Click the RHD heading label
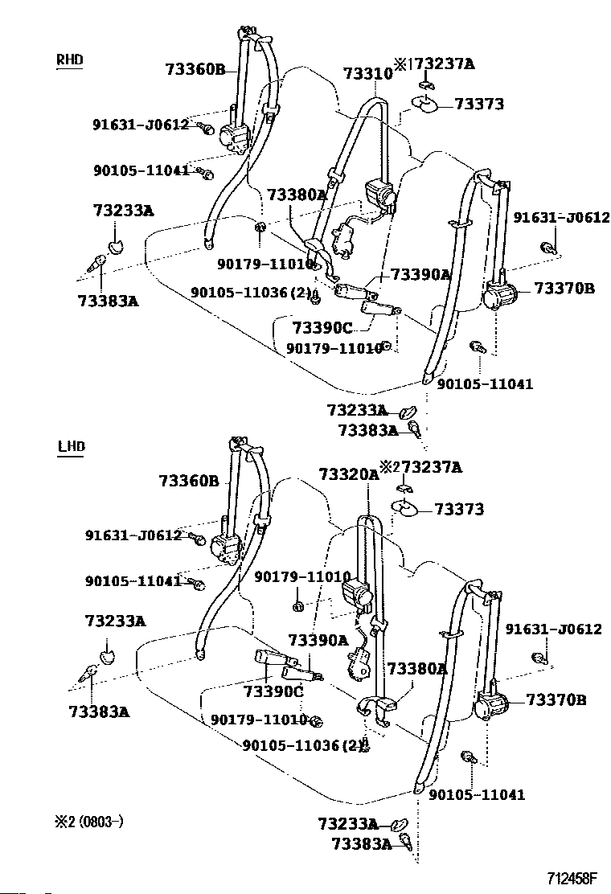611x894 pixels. click(x=70, y=59)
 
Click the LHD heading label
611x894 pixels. click(x=71, y=446)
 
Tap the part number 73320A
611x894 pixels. click(x=348, y=474)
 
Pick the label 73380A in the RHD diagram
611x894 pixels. click(x=297, y=195)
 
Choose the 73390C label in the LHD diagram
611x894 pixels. click(x=273, y=691)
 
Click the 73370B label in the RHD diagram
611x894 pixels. click(x=564, y=289)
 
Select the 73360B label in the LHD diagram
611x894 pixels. click(x=189, y=481)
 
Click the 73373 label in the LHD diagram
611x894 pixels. click(x=459, y=509)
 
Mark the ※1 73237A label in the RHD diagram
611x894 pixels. click(x=434, y=64)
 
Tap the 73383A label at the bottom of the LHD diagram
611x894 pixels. click(x=360, y=843)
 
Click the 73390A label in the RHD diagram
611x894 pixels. click(x=420, y=274)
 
